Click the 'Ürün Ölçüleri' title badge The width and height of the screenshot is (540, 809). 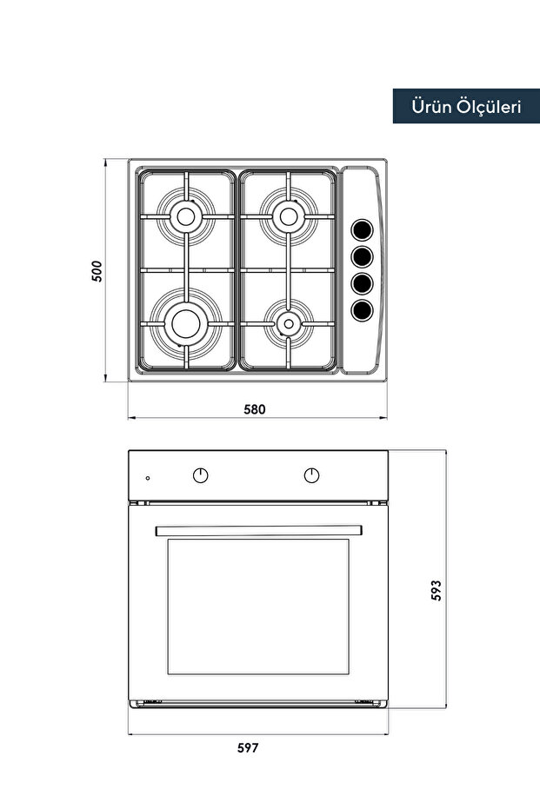tap(465, 106)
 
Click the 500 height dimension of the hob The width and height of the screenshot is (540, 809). tap(97, 271)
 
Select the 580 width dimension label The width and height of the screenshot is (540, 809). tap(254, 408)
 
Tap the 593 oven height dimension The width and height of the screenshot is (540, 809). tap(437, 590)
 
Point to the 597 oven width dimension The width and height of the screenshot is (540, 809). tap(248, 747)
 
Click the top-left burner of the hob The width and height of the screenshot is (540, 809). tap(185, 215)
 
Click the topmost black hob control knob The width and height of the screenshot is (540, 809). tap(362, 230)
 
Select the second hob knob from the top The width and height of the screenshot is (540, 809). tap(362, 256)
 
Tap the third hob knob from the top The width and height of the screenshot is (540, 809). tap(362, 282)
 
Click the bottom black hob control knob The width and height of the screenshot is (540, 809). tap(362, 308)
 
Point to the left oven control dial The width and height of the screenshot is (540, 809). tap(201, 475)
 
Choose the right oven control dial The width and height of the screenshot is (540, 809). tap(311, 475)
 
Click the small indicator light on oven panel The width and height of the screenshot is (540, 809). tap(148, 478)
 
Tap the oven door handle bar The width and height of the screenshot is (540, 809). tap(257, 530)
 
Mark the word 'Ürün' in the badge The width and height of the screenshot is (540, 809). tap(432, 106)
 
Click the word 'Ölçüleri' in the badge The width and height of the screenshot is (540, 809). tap(489, 106)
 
